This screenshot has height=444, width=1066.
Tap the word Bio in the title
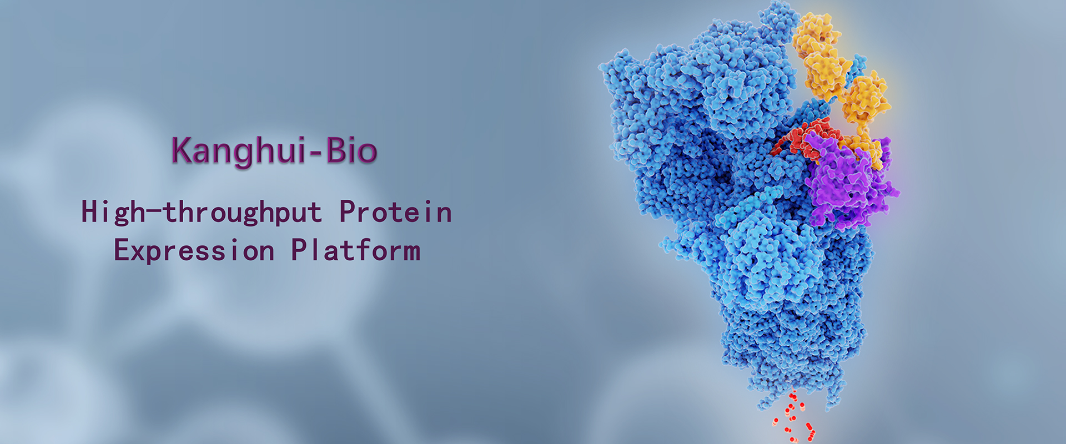pyautogui.click(x=351, y=150)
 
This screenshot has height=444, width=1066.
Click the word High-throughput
pyautogui.click(x=202, y=213)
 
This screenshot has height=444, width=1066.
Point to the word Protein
pyautogui.click(x=395, y=211)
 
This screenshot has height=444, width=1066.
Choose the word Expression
pyautogui.click(x=194, y=251)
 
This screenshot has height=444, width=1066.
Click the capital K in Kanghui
pyautogui.click(x=182, y=150)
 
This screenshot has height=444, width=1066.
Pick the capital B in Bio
pyautogui.click(x=335, y=150)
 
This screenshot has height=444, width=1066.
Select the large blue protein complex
pyautogui.click(x=738, y=211)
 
